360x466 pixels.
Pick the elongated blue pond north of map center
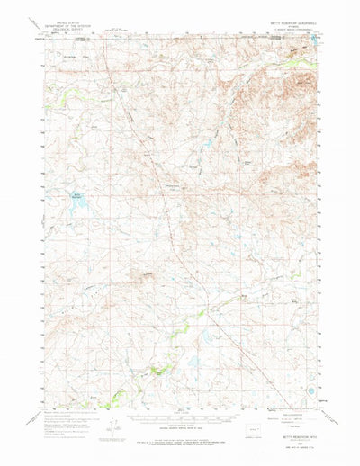pyautogui.click(x=206, y=143)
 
